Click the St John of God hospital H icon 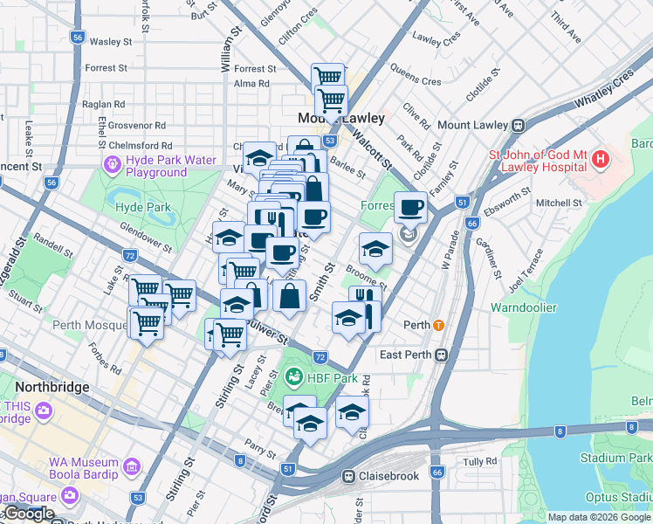pyautogui.click(x=601, y=160)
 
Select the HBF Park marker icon pyautogui.click(x=293, y=378)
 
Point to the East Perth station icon pyautogui.click(x=442, y=355)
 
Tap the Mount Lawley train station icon pyautogui.click(x=517, y=125)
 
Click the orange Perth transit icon pyautogui.click(x=438, y=325)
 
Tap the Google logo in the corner pyautogui.click(x=28, y=514)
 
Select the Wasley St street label pyautogui.click(x=110, y=41)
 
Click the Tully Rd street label pyautogui.click(x=479, y=461)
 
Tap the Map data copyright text pyautogui.click(x=598, y=517)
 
